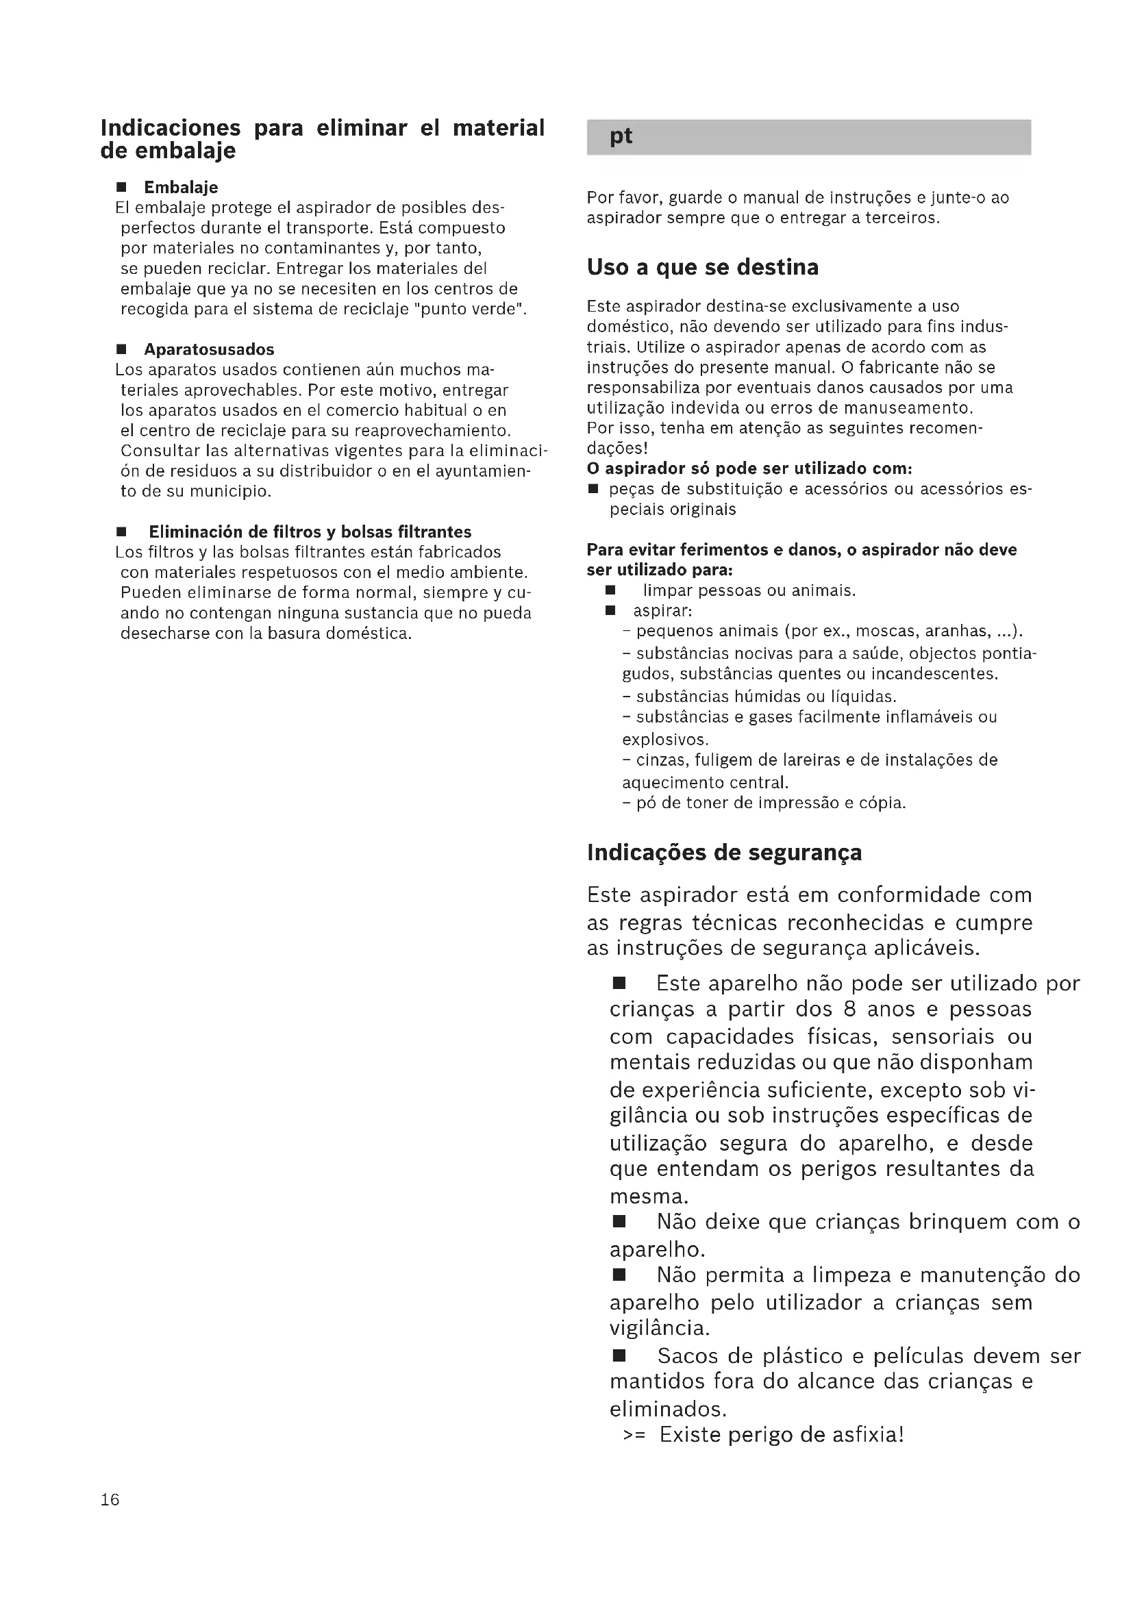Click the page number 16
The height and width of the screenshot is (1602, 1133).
pyautogui.click(x=110, y=1499)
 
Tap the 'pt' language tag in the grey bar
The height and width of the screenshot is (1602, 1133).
pyautogui.click(x=620, y=136)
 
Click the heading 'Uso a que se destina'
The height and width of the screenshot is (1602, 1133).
pyautogui.click(x=703, y=267)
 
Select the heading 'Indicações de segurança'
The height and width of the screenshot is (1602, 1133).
pyautogui.click(x=724, y=853)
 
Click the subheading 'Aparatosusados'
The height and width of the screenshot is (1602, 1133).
pyautogui.click(x=210, y=349)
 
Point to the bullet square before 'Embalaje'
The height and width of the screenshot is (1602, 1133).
pyautogui.click(x=121, y=187)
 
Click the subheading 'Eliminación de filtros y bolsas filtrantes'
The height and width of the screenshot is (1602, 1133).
pyautogui.click(x=310, y=532)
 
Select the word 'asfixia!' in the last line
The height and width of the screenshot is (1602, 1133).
pyautogui.click(x=869, y=1435)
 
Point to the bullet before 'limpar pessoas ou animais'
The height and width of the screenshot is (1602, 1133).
pyautogui.click(x=610, y=590)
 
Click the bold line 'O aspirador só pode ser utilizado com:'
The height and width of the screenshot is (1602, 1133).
pyautogui.click(x=749, y=468)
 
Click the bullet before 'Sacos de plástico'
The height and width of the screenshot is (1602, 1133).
pyautogui.click(x=619, y=1355)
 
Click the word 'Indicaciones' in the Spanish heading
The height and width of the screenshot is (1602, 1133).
pyautogui.click(x=171, y=127)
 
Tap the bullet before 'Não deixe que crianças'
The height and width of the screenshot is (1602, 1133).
pyautogui.click(x=619, y=1222)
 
